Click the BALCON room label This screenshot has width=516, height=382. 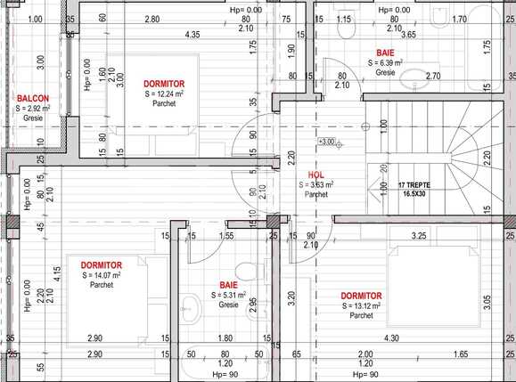pos(33,98)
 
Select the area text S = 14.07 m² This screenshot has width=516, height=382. pos(101,275)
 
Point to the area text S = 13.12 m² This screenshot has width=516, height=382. pos(361,305)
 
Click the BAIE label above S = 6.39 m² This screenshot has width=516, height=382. pos(386,53)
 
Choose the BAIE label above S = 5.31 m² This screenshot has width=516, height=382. pos(229,285)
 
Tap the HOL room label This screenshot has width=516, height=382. pos(316,175)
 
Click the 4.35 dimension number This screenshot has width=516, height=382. pos(192,35)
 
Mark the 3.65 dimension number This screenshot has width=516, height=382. pos(408,35)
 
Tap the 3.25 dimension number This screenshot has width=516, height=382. pos(417,236)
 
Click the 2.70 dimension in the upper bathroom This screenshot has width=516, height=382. pos(432,77)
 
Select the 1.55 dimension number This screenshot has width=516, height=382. pos(227,236)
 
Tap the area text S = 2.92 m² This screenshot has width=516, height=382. pos(33,108)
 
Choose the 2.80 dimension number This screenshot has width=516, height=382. pos(152,19)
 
